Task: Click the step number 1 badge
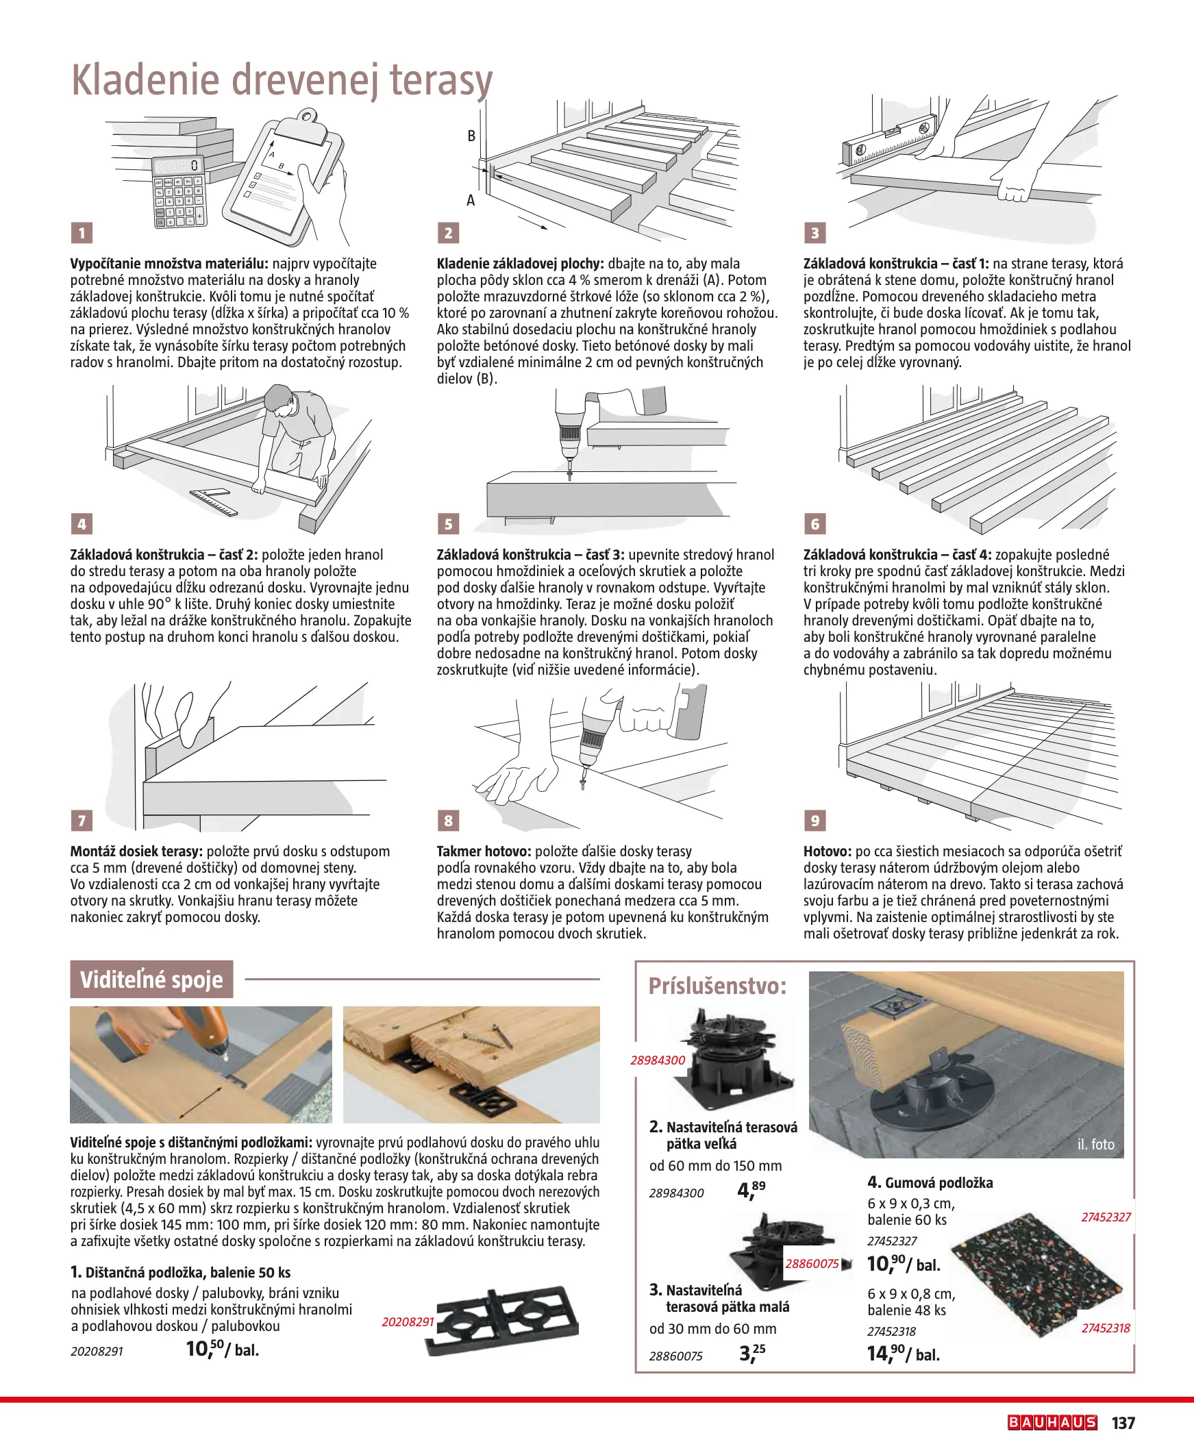[82, 232]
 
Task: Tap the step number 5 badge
[449, 524]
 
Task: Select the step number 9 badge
[815, 821]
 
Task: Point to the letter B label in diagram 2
[471, 136]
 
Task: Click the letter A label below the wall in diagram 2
[471, 201]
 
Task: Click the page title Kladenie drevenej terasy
[282, 80]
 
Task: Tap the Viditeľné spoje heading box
[151, 979]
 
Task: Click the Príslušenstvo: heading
[717, 986]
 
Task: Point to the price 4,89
[750, 1190]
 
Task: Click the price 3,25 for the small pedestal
[751, 1353]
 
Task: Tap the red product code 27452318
[1105, 1328]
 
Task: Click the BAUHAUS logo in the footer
[1052, 1423]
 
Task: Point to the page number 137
[1123, 1423]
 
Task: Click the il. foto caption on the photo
[1095, 1144]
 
